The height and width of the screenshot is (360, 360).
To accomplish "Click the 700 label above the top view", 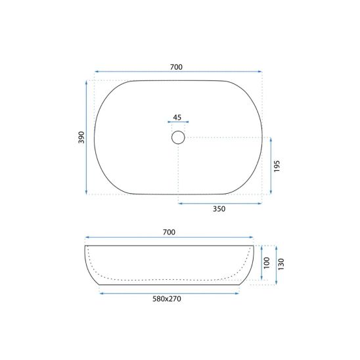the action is [176, 67].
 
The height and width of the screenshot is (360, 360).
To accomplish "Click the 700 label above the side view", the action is [169, 233].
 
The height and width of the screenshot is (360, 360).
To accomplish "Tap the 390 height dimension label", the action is [81, 137].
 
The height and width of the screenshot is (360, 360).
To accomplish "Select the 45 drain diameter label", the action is [177, 118].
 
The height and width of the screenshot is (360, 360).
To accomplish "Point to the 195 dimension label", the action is [277, 166].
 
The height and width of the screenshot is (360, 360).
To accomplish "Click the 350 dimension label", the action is [219, 209].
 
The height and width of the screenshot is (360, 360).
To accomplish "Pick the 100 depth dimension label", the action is [266, 263].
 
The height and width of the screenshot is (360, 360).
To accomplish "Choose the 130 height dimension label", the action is [281, 264].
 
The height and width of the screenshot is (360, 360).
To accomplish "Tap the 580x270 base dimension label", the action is [167, 299].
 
